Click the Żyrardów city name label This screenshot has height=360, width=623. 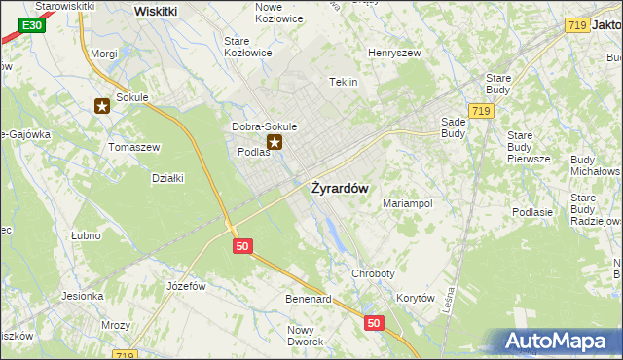pyautogui.click(x=339, y=189)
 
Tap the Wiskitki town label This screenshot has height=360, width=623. pyautogui.click(x=156, y=11)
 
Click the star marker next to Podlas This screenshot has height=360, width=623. pyautogui.click(x=275, y=144)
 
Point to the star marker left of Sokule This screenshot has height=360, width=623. pyautogui.click(x=101, y=106)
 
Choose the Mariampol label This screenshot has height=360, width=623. pyautogui.click(x=407, y=204)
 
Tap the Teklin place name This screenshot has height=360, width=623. pyautogui.click(x=344, y=82)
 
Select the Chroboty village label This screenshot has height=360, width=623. pyautogui.click(x=375, y=274)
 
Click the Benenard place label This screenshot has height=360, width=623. pyautogui.click(x=309, y=298)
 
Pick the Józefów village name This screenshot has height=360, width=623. pyautogui.click(x=186, y=286)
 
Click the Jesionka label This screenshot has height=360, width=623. pyautogui.click(x=82, y=296)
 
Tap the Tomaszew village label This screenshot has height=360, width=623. pyautogui.click(x=133, y=146)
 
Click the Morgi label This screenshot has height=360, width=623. pyautogui.click(x=103, y=54)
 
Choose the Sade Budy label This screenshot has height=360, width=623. pyautogui.click(x=453, y=127)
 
